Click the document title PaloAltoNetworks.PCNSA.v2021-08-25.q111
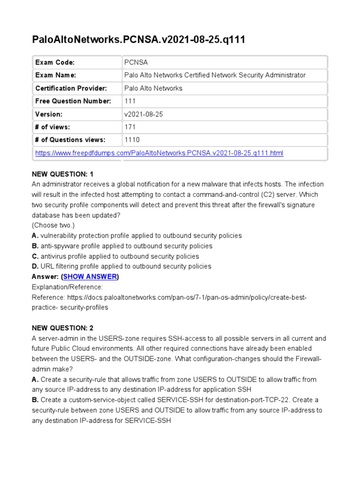(x=138, y=40)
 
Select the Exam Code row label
(x=55, y=62)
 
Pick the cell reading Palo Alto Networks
(x=153, y=88)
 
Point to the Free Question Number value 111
(x=130, y=101)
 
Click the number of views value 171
(x=130, y=127)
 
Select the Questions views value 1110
(x=132, y=140)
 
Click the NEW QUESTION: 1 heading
(x=63, y=174)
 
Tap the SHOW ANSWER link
(x=90, y=277)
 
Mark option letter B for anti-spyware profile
(x=35, y=246)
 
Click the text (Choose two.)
(x=53, y=225)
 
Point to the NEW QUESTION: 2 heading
(x=63, y=328)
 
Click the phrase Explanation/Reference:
(x=67, y=287)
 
